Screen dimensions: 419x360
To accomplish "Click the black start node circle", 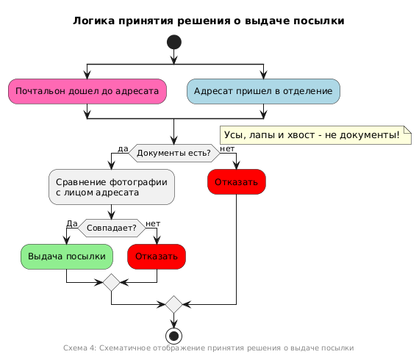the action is coord(174,42).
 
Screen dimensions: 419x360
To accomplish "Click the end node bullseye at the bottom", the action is coord(173,336).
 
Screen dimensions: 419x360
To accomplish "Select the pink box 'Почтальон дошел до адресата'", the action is coord(87,91).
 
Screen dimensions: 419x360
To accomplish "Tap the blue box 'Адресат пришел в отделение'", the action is coord(263,91).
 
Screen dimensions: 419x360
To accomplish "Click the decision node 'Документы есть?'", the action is coord(174,153).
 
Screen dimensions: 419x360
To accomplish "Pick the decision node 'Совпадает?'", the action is coord(112,228).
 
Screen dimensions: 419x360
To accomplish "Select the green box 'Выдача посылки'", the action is coord(67,256).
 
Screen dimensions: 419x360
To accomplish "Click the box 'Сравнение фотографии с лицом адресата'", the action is coord(112,187).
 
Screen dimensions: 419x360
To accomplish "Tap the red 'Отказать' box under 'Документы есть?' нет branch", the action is coord(237,182).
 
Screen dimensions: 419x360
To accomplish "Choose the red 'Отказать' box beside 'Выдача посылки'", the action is coord(157,256).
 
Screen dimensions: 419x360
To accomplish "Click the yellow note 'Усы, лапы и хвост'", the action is coord(315,135).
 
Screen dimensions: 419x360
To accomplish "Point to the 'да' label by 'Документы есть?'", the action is coord(123,148).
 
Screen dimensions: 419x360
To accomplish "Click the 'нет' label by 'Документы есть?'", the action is coord(227,148).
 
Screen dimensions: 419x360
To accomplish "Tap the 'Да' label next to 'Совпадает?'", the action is coord(72,223).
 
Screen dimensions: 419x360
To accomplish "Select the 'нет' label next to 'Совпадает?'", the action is coord(153,224).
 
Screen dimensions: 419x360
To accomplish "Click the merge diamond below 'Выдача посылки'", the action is coord(112,282).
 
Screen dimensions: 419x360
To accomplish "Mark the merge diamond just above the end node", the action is coord(173,304).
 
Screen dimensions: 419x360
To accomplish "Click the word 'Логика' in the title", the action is coord(94,21).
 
